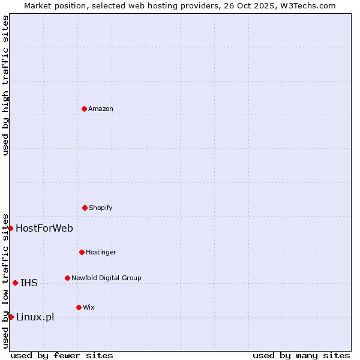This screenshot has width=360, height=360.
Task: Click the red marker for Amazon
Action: [x=84, y=109]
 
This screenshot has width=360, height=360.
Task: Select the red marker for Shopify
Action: [x=85, y=208]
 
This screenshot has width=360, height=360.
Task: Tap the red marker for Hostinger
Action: [x=82, y=252]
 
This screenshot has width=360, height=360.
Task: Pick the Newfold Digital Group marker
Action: [x=67, y=278]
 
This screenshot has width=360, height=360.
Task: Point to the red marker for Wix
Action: [x=79, y=307]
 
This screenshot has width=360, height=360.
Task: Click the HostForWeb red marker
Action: [x=10, y=228]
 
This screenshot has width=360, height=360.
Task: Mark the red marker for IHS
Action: [x=15, y=283]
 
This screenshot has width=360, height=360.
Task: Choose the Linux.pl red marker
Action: [x=11, y=317]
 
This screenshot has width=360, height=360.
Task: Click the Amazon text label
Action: [x=101, y=109]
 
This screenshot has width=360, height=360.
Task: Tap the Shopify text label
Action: [x=101, y=208]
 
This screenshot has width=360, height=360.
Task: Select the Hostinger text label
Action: [x=101, y=252]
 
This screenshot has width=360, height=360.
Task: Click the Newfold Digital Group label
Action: [x=106, y=278]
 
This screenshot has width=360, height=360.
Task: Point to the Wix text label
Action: [x=89, y=307]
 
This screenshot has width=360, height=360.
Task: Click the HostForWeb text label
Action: [x=44, y=228]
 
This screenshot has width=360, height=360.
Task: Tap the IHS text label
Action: [x=29, y=283]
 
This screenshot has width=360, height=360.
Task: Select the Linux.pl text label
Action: [x=35, y=317]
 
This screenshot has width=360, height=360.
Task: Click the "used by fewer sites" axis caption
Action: [x=62, y=355]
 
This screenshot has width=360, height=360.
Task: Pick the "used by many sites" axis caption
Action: [x=301, y=355]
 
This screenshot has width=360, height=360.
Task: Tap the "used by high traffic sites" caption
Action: [x=5, y=85]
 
